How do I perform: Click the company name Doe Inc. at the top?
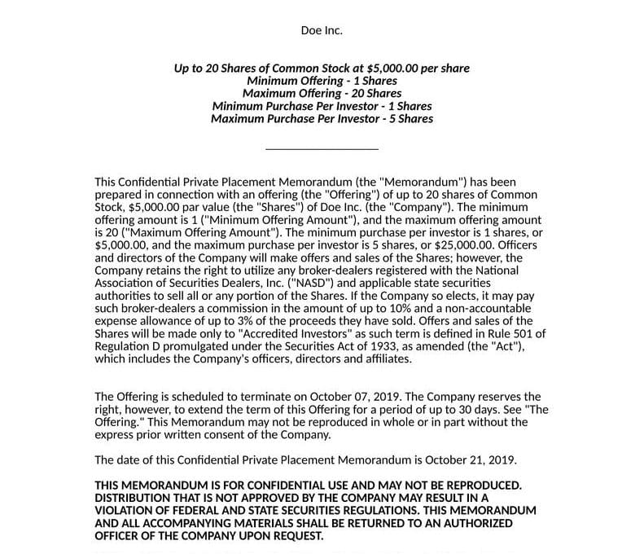point(322,31)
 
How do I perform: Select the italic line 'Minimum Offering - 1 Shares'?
point(322,81)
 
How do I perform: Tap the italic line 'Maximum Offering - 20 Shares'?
point(322,94)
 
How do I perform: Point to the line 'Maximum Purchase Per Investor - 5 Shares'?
point(322,119)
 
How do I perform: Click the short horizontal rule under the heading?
point(322,149)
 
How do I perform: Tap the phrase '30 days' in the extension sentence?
point(477,409)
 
